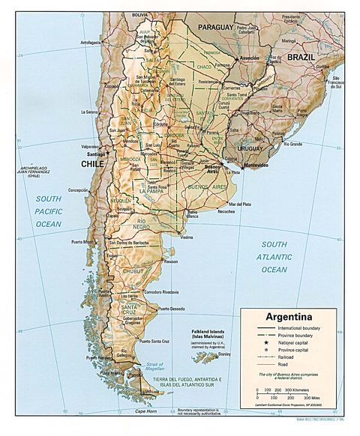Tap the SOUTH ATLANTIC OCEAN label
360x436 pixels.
click(x=274, y=257)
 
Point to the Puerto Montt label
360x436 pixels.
click(x=83, y=242)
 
